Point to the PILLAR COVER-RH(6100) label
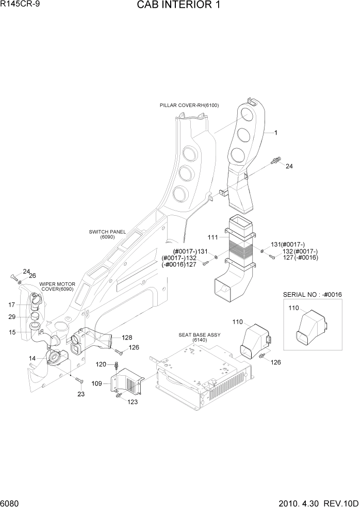click(x=189, y=105)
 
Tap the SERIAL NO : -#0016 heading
click(x=312, y=294)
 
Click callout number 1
click(x=276, y=133)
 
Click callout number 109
click(x=96, y=383)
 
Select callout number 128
click(x=127, y=338)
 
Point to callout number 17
click(x=12, y=305)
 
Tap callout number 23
click(x=80, y=394)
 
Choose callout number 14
click(x=32, y=358)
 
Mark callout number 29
click(x=12, y=317)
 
